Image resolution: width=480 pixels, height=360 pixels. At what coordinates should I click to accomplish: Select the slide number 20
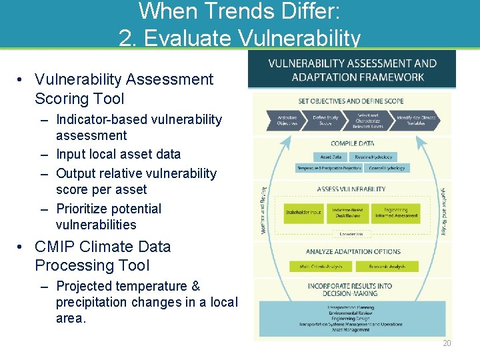point(446,343)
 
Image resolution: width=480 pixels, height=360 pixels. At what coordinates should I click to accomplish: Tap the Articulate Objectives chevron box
point(287,121)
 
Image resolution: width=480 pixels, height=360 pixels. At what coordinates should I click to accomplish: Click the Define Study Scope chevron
point(326,121)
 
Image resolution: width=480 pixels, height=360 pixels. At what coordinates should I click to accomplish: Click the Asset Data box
point(331,157)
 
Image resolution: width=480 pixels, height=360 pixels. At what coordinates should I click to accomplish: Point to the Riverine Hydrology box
point(373,157)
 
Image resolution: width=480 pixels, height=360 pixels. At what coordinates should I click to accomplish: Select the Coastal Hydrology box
point(386,169)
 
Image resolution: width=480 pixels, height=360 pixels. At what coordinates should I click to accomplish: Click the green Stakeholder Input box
point(303,213)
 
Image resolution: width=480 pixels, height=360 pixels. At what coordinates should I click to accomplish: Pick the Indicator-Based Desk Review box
point(348,213)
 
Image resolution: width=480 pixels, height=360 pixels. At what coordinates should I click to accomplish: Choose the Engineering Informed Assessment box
point(396,213)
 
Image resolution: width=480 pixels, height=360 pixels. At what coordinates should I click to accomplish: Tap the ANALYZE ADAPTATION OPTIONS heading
point(353,252)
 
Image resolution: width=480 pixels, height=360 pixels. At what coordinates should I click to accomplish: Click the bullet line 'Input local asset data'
point(118,154)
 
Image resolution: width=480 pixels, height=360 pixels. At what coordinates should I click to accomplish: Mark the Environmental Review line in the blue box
point(351,313)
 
